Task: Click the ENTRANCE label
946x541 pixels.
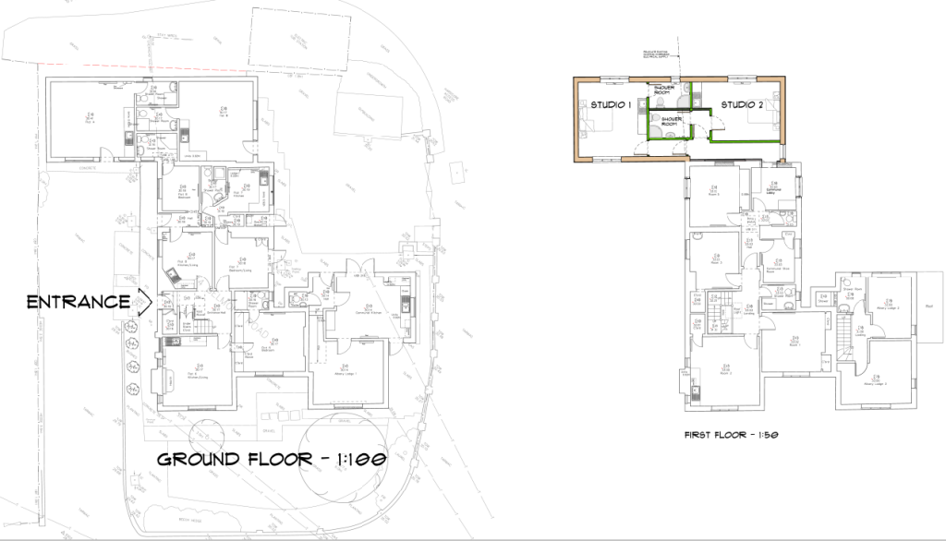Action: tap(77, 302)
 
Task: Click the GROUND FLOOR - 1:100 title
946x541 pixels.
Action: tap(270, 459)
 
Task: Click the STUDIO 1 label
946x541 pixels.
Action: tap(610, 104)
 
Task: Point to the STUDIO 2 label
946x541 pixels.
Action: tap(742, 104)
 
